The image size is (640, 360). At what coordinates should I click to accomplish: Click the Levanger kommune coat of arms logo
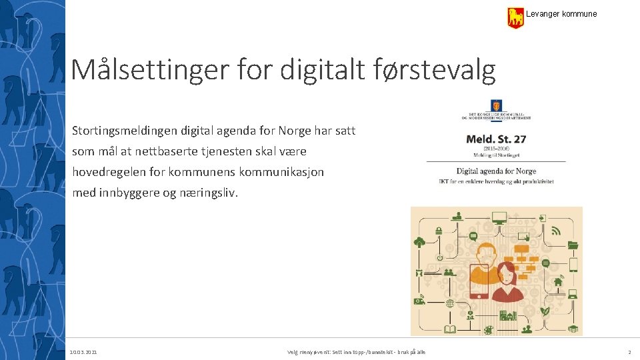[x=515, y=17]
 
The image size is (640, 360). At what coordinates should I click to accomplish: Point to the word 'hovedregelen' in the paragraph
[x=109, y=172]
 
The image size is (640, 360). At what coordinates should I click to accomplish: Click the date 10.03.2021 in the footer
[x=83, y=352]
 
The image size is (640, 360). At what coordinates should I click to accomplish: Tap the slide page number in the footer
[x=629, y=352]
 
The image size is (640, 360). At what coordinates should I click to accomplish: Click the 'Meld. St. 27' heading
[x=496, y=139]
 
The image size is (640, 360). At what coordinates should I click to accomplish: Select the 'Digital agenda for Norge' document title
[x=496, y=171]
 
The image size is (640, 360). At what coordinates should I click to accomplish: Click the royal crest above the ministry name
[x=496, y=106]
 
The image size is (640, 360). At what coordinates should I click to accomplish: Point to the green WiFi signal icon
[x=555, y=231]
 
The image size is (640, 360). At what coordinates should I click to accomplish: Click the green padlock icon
[x=439, y=231]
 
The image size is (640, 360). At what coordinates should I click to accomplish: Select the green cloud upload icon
[x=419, y=243]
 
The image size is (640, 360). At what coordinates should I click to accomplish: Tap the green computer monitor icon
[x=499, y=217]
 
